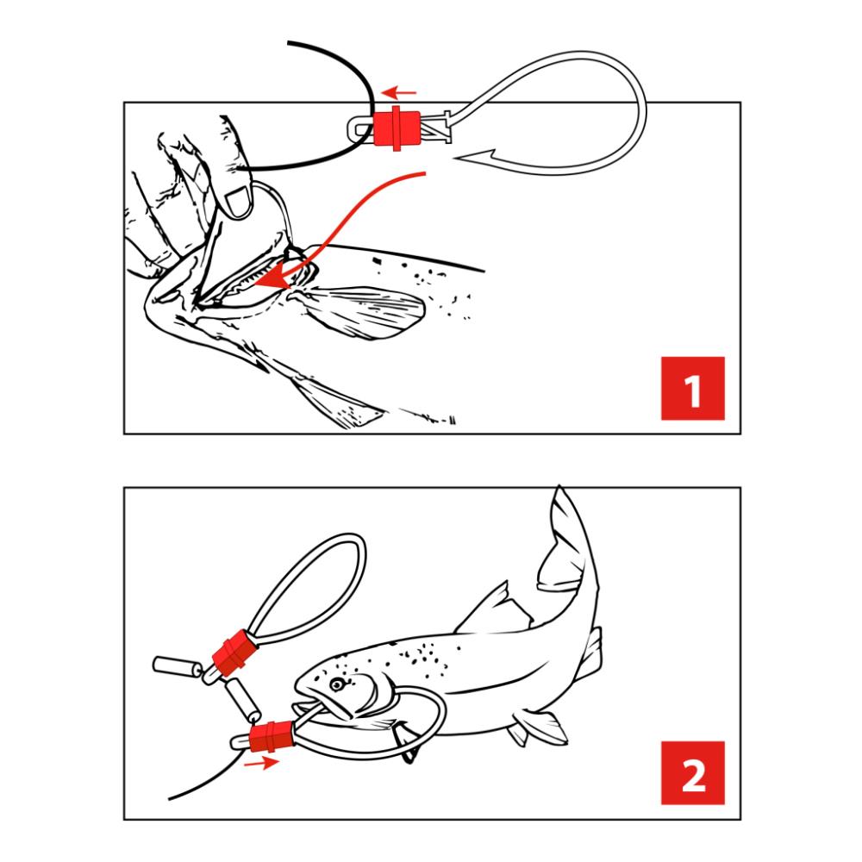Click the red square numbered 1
(693, 388)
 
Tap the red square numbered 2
(693, 773)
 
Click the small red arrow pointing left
(399, 92)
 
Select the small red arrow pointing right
(262, 763)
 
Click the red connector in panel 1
(396, 128)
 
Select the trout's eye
(336, 684)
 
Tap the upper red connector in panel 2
(235, 653)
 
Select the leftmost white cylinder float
(176, 667)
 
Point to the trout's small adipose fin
(594, 649)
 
